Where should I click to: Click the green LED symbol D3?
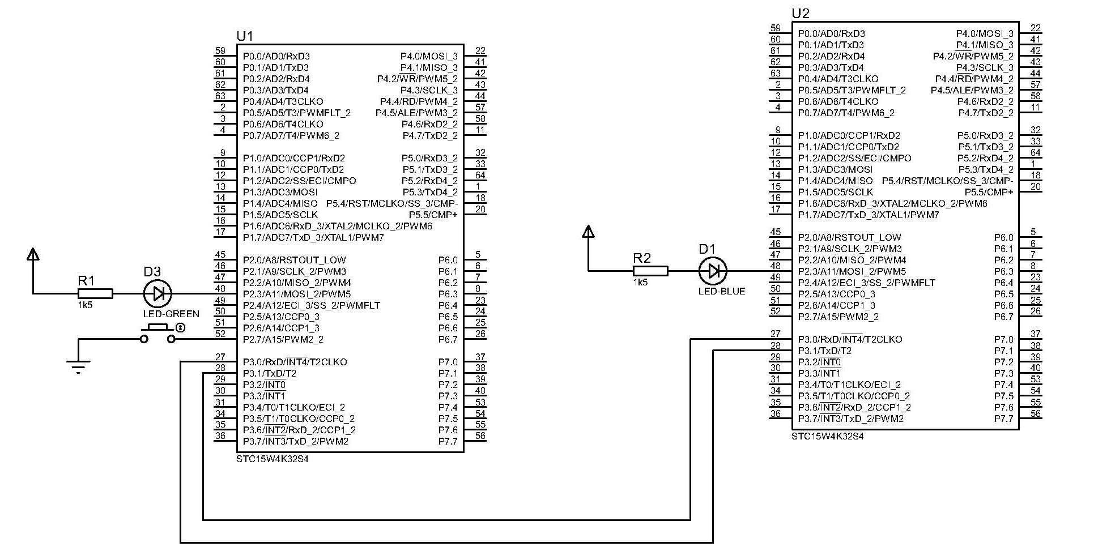tap(158, 293)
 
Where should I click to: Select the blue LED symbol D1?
tap(713, 271)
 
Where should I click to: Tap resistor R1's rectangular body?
tap(95, 293)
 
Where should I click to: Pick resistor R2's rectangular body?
tap(650, 271)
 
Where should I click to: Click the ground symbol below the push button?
tap(78, 366)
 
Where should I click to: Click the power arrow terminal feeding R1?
tap(33, 254)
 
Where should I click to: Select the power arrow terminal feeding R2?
tap(589, 232)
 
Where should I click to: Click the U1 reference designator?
tap(245, 36)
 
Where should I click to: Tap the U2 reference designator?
tap(800, 14)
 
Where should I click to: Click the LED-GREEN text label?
tap(171, 314)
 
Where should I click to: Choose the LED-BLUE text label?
tap(722, 291)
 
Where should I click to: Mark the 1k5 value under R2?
tap(640, 282)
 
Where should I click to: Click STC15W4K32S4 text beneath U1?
tap(273, 459)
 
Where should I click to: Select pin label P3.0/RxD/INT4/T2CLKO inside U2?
tap(850, 339)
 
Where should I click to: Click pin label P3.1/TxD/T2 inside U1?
tap(270, 373)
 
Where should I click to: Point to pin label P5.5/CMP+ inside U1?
tap(433, 215)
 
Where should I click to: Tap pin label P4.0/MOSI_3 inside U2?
tap(985, 33)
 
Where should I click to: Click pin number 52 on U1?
tap(220, 334)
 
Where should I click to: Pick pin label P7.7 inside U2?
tap(1003, 419)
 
